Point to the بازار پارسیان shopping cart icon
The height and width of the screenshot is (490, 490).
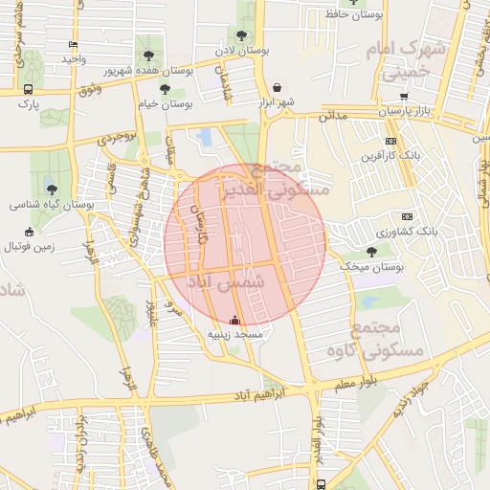[405, 97]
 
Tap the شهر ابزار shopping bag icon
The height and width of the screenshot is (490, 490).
[277, 86]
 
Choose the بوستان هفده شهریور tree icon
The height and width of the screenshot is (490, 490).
[148, 55]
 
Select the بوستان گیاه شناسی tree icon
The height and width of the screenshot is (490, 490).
[51, 189]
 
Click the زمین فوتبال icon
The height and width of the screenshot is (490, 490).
[29, 232]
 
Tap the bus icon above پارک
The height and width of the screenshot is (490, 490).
[28, 90]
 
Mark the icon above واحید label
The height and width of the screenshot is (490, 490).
[74, 44]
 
